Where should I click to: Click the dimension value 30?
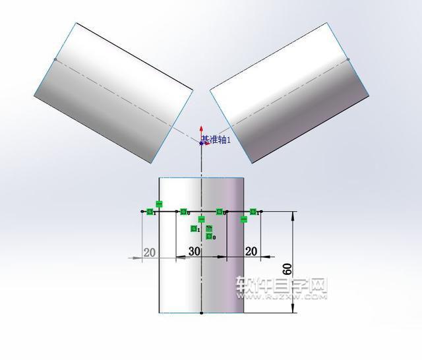(195, 251)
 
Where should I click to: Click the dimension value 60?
(287, 270)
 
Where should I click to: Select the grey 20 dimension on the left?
(150, 252)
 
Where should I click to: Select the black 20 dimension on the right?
(251, 251)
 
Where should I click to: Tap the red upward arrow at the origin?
(202, 131)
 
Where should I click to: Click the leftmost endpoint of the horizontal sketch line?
(143, 212)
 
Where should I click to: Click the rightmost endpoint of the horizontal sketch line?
(261, 212)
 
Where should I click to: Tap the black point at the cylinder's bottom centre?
(201, 313)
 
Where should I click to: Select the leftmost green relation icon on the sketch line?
(151, 212)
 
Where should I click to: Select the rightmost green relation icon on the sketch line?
(253, 212)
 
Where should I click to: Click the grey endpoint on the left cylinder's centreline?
(55, 59)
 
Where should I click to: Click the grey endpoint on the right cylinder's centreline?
(347, 59)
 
